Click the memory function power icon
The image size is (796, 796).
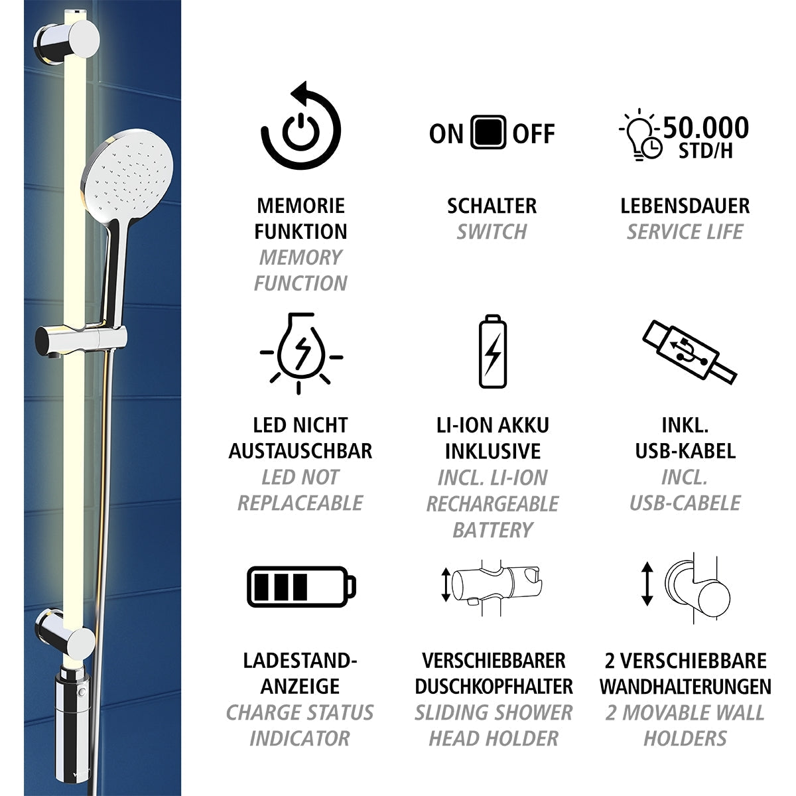300,127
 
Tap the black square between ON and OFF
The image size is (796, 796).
488,133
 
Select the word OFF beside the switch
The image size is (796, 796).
533,133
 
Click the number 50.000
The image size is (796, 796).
706,127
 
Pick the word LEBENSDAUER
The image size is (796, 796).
685,206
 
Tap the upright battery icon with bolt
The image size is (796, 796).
492,352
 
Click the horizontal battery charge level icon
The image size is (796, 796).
300,586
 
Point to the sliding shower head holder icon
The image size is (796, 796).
492,584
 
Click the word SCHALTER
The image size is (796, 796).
492,206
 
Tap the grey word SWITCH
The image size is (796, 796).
492,232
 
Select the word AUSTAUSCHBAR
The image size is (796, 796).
300,451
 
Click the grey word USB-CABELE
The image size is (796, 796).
685,503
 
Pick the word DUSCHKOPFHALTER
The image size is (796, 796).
494,686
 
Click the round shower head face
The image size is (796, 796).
129,175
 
